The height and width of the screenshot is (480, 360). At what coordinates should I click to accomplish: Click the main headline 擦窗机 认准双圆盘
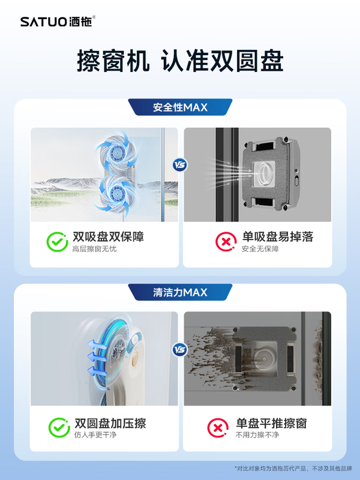pos(180,61)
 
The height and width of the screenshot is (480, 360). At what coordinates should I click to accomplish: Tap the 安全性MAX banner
pos(180,107)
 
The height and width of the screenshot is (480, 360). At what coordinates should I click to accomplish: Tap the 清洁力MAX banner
pos(180,292)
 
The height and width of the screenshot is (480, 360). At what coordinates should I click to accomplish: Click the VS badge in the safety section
pos(179,164)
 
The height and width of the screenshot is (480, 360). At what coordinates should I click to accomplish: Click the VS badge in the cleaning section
pos(179,349)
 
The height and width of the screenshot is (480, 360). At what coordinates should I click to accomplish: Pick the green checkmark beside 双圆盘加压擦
pos(58,428)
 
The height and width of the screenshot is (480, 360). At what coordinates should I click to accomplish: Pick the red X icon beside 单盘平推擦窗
pos(217,428)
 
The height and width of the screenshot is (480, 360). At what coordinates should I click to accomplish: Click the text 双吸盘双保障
pos(108,236)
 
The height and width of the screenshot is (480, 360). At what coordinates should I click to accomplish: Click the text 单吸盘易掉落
pos(278,236)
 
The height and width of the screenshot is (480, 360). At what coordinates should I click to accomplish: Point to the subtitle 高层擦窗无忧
pos(94,249)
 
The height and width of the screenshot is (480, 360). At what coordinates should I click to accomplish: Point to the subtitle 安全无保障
pos(260,249)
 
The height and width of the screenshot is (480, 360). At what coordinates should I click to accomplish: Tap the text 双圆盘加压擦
pos(109,423)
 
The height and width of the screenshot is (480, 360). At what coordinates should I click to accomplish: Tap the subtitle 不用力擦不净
pos(257,435)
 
